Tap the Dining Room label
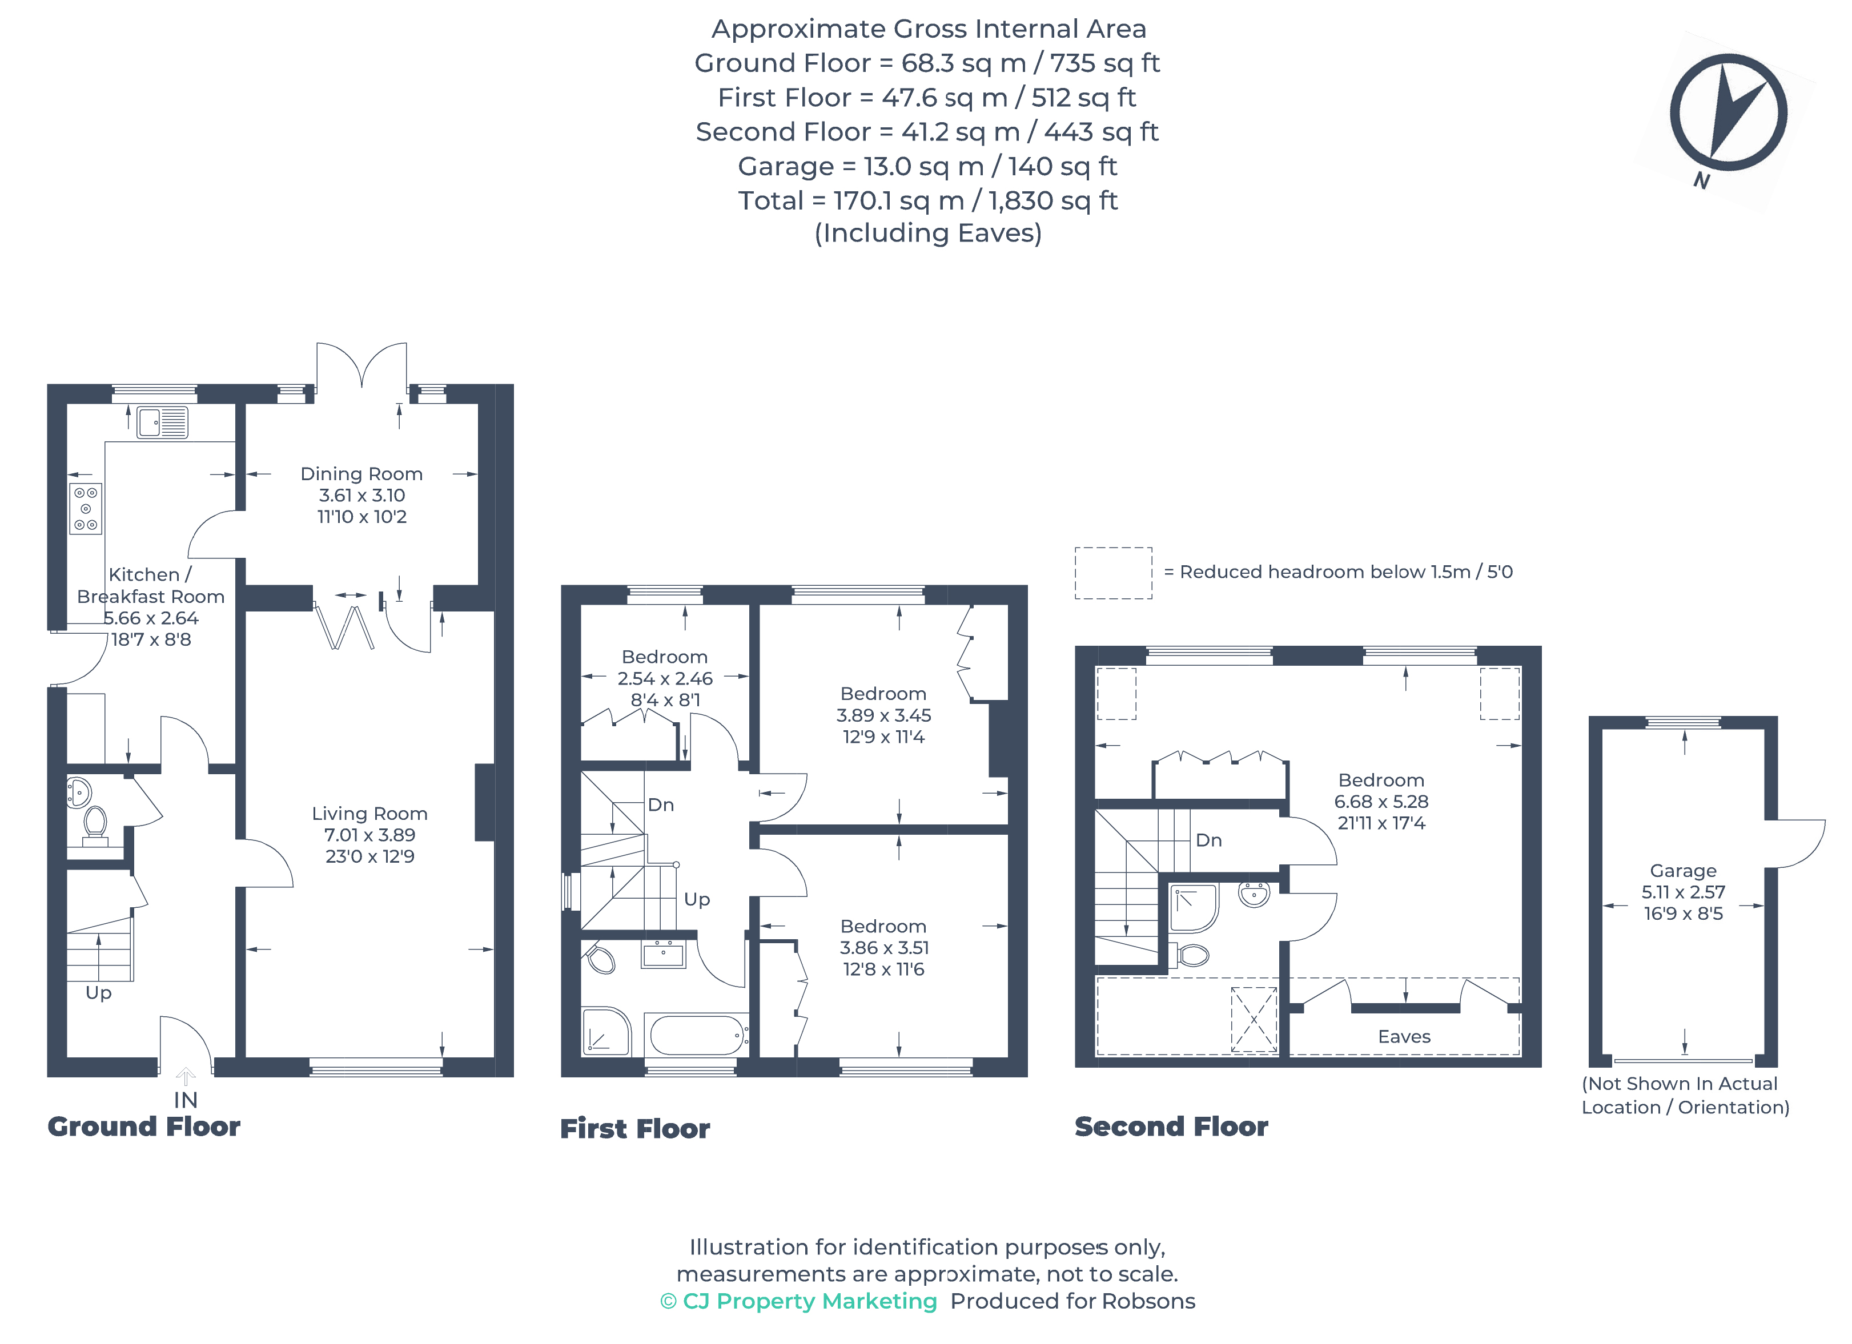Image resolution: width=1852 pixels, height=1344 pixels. coord(361,473)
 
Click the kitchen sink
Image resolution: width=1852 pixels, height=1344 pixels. coord(163,422)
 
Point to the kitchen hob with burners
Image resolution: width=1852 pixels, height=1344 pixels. coord(86,509)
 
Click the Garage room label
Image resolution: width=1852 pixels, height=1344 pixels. coord(1683,871)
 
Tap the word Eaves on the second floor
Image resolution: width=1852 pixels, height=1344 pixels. coord(1404,1036)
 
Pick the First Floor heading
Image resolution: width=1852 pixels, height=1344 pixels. coord(634,1128)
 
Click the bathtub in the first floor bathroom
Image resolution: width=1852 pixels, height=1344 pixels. coord(697,1035)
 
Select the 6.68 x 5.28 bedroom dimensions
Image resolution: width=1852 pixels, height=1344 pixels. coord(1381,802)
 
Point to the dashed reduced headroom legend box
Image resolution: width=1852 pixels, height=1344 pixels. coord(1113,573)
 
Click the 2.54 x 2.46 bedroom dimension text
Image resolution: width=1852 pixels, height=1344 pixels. coord(665,678)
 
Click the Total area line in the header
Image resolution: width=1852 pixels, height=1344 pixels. coord(927,200)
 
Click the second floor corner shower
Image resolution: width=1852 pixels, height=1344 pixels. coord(1193,908)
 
